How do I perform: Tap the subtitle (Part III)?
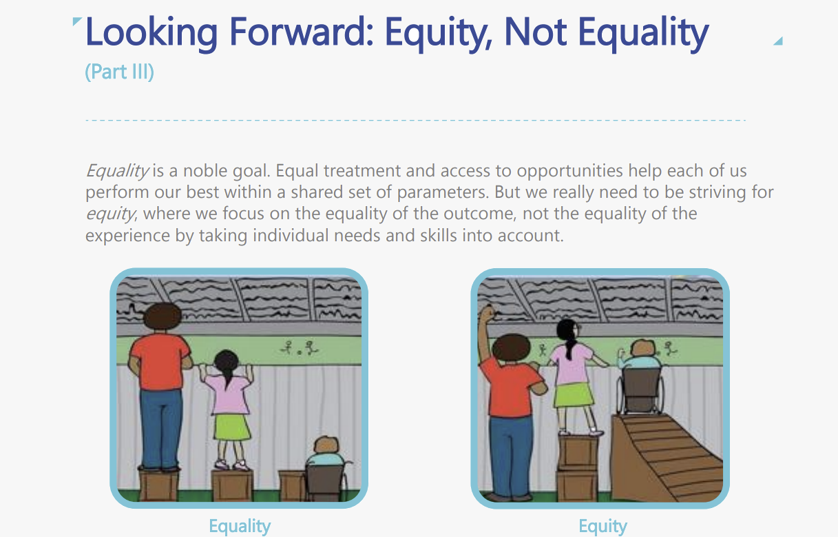(x=119, y=71)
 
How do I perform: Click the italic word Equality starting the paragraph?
(x=118, y=171)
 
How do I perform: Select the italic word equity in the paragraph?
(x=111, y=214)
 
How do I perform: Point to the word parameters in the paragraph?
(x=443, y=192)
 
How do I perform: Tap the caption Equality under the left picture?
(x=240, y=526)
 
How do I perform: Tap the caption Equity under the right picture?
(x=603, y=526)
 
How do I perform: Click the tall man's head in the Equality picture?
(x=163, y=316)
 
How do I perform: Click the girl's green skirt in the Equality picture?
(x=232, y=427)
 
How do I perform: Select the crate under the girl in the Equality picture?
(x=232, y=485)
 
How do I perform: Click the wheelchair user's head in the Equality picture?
(x=326, y=445)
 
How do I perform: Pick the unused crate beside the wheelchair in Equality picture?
(x=292, y=486)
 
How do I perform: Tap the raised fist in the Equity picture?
(x=488, y=314)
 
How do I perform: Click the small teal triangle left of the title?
(x=76, y=21)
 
